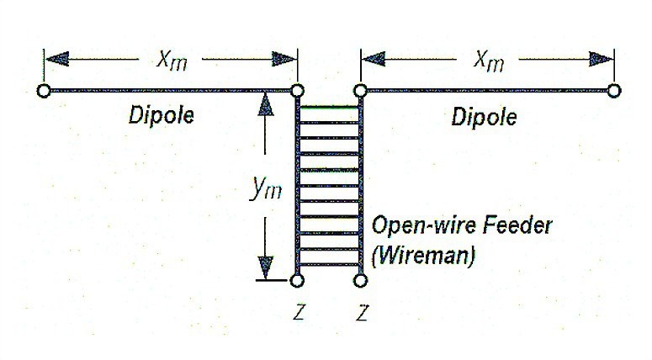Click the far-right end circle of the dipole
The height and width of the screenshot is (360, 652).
click(x=614, y=90)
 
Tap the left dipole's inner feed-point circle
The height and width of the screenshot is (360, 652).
click(x=296, y=90)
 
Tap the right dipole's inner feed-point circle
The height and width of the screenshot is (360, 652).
click(x=360, y=90)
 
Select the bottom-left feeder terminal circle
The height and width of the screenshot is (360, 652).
click(x=296, y=280)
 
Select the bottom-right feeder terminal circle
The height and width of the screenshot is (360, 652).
click(x=360, y=280)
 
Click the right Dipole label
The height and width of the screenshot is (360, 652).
click(x=484, y=117)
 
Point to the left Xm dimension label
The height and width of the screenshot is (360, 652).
click(x=172, y=60)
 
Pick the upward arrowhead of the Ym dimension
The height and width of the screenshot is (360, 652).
click(x=267, y=104)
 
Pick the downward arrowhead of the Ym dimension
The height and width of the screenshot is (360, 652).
click(x=267, y=267)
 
